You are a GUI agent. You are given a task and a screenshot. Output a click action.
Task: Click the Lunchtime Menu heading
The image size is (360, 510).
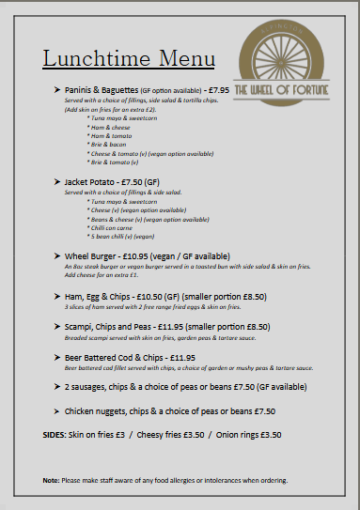129,58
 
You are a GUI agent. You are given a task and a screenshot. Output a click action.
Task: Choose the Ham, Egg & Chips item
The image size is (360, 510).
102,295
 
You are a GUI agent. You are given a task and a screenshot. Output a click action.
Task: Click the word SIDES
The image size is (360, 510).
55,436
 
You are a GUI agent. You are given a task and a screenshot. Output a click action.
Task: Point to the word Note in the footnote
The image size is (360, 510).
51,480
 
